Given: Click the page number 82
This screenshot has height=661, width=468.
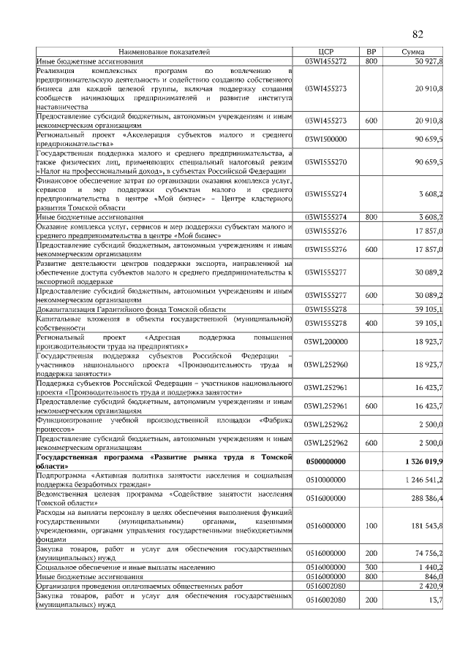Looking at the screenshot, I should click(418, 34).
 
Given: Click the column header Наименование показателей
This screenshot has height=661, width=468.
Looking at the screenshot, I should click(164, 52).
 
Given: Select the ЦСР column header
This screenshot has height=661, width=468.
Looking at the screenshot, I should click(326, 52).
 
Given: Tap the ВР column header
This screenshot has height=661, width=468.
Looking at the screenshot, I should click(371, 52).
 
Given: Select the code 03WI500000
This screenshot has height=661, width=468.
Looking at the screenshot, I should click(326, 139).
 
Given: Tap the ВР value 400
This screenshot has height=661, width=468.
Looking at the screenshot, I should click(371, 322).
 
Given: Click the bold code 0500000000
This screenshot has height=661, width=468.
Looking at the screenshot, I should click(326, 462).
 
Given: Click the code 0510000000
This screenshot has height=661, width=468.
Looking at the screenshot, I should click(326, 480).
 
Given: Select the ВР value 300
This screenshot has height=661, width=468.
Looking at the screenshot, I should click(371, 566).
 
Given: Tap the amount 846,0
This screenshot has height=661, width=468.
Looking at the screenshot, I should click(432, 576).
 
